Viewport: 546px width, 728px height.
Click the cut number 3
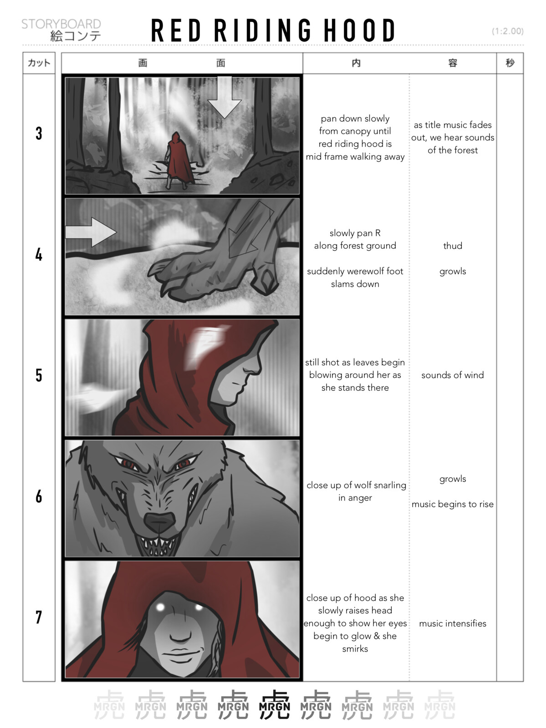tap(39, 133)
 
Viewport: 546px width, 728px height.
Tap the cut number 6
tap(39, 496)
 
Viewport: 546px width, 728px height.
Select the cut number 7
tap(39, 617)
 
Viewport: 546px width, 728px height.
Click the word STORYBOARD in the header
tap(61, 24)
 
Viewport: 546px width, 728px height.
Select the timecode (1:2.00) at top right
tap(507, 31)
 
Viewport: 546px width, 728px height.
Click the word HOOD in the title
tap(359, 31)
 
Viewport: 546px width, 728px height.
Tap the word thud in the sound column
tap(452, 246)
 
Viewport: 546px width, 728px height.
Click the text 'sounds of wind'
tap(452, 375)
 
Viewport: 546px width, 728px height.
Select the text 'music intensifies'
tap(452, 623)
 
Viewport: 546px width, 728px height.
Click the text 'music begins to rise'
tap(452, 504)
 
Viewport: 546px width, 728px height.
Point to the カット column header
tap(39, 63)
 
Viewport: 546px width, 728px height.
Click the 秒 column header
tap(510, 63)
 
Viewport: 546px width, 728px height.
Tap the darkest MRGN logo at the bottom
tap(274, 704)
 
